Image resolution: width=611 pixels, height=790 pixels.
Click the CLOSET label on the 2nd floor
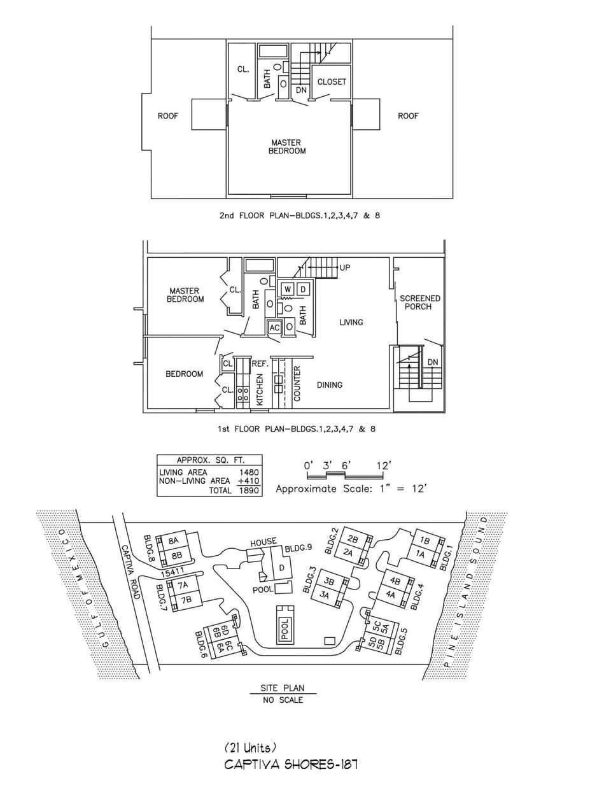[332, 82]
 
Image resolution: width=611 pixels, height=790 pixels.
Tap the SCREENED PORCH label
[419, 302]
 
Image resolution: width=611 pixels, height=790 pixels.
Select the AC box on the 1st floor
[274, 327]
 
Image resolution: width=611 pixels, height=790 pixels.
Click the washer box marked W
[288, 290]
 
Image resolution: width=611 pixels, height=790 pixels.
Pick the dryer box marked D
[303, 290]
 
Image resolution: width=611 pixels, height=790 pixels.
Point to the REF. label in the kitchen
[260, 363]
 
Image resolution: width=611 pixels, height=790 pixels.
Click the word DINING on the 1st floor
[330, 385]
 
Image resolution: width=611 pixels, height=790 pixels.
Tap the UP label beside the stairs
[345, 267]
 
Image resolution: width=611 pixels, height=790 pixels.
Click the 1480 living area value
[249, 472]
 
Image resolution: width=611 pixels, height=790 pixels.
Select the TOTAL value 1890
[249, 491]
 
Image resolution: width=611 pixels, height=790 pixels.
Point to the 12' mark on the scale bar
[383, 466]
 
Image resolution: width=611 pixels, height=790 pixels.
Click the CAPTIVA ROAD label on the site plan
[130, 571]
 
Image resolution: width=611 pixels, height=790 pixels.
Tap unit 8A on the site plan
[174, 541]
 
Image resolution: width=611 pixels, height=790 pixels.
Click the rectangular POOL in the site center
[285, 629]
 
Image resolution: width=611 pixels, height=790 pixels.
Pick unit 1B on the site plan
[425, 540]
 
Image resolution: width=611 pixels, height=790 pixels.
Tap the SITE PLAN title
[283, 688]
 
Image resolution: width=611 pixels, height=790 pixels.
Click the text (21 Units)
[250, 748]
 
